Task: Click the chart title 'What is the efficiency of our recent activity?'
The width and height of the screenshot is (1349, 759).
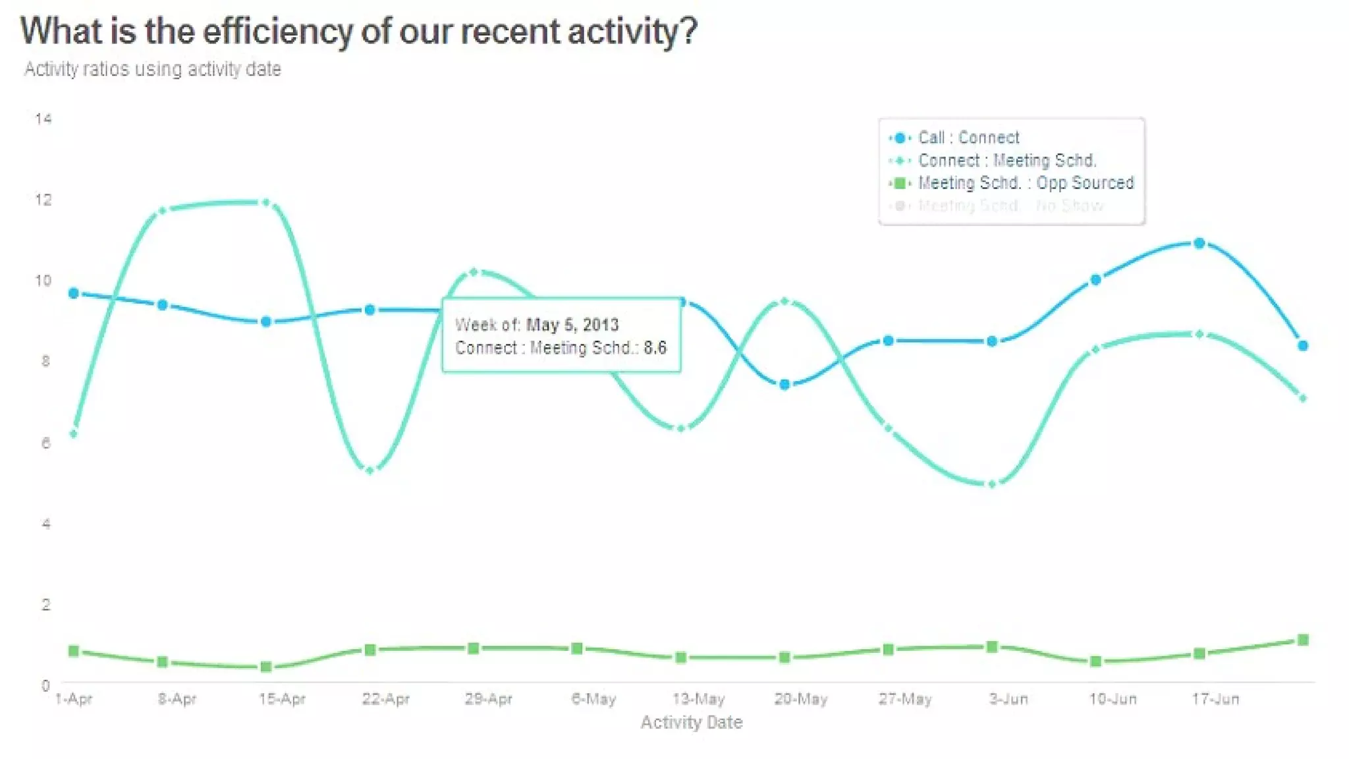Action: tap(358, 32)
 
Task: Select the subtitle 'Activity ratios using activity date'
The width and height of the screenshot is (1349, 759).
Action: tap(153, 69)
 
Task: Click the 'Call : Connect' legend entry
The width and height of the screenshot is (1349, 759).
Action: tap(968, 138)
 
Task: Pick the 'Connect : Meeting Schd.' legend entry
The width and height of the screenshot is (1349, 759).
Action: tap(1006, 160)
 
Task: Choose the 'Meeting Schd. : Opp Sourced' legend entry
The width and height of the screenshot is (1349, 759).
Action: tap(1026, 183)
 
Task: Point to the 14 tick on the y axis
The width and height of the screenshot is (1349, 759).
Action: tap(43, 119)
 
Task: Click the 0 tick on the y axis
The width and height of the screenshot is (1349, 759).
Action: tap(45, 685)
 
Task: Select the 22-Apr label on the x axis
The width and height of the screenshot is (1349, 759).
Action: tap(385, 699)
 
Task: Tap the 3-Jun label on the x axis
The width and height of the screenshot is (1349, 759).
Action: tap(1008, 699)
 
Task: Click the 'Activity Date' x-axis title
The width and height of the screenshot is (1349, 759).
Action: tap(691, 723)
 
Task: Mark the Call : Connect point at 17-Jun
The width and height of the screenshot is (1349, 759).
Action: tap(1199, 243)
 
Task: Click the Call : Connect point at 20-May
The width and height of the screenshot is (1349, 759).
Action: tap(785, 384)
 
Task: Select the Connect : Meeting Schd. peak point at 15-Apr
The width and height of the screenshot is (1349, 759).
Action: tap(266, 202)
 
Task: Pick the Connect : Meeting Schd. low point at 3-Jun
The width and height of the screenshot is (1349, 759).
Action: tap(993, 484)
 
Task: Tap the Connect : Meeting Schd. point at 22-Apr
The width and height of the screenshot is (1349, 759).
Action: tap(370, 470)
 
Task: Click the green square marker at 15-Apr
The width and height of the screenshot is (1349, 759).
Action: tap(266, 667)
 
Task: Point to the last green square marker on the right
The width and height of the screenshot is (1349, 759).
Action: tap(1303, 640)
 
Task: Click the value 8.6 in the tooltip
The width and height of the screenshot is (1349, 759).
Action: tap(655, 348)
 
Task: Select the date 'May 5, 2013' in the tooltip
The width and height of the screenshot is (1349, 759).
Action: tap(572, 325)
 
